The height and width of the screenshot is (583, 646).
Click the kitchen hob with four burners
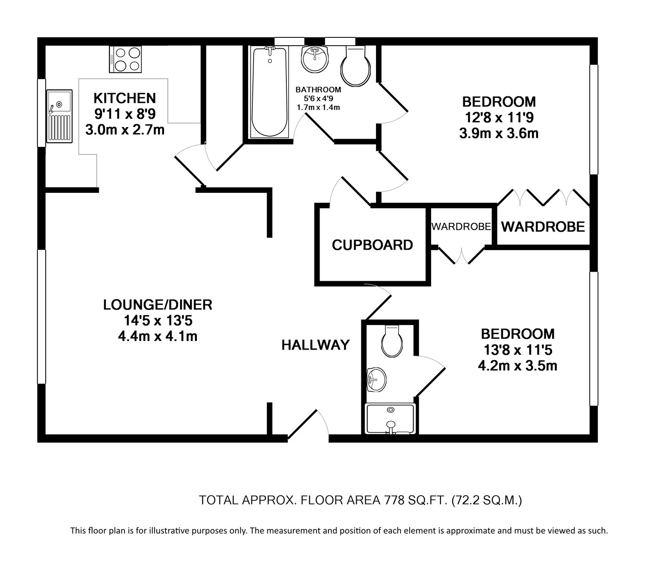(125, 59)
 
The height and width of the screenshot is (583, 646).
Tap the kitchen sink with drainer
(59, 116)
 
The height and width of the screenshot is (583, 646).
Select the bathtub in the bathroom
(269, 93)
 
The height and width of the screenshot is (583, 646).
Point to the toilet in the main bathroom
(356, 67)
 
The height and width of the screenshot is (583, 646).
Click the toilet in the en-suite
(392, 341)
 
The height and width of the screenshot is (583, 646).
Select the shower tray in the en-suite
(390, 419)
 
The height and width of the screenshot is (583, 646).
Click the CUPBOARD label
(372, 245)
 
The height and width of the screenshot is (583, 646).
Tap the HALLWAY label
(315, 345)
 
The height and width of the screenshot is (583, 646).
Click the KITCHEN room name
(124, 98)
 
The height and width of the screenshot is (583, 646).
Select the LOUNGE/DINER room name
(158, 305)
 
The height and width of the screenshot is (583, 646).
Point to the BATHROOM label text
(318, 90)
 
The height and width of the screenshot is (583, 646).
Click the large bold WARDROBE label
(543, 226)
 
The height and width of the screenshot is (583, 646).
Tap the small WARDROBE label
(461, 226)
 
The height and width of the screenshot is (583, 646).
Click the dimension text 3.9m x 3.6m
(499, 133)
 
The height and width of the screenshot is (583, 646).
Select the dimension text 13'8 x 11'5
(518, 350)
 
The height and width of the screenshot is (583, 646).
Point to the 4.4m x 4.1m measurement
(158, 336)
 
